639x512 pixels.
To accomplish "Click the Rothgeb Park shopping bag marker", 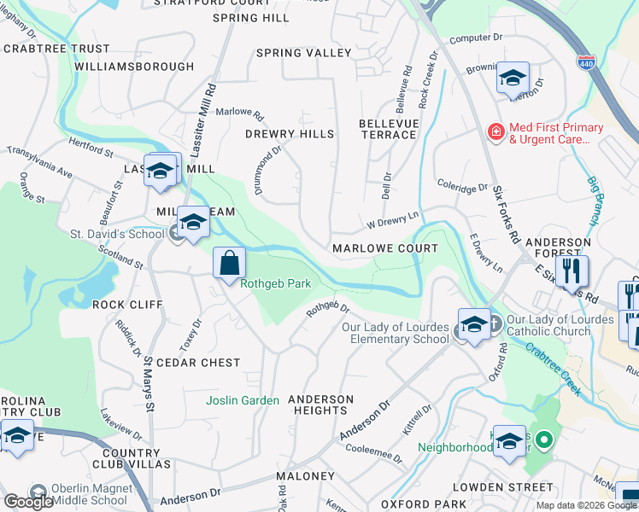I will pos(229,263).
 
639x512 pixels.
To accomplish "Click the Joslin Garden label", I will pos(243,400).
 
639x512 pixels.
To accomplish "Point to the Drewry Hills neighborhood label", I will pos(289,134).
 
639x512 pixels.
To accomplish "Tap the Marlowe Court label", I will pos(384,248).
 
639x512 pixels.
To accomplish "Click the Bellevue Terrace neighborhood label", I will pos(388,130).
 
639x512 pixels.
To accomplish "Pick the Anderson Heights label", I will pos(320,404).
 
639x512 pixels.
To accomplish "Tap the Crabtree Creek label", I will pos(554,357).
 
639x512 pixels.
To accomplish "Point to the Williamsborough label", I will pos(134,66).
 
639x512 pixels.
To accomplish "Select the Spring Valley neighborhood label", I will pos(304,53).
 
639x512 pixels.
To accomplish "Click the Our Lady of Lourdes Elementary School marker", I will pos(473,324).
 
